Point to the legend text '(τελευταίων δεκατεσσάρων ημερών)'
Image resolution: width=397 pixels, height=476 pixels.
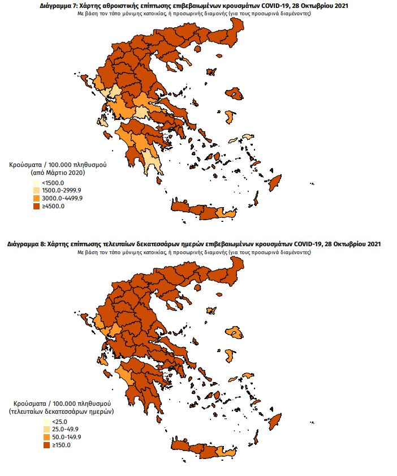[62, 411]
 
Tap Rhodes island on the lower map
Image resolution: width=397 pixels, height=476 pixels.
[275, 422]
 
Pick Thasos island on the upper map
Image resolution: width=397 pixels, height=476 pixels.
[211, 72]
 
